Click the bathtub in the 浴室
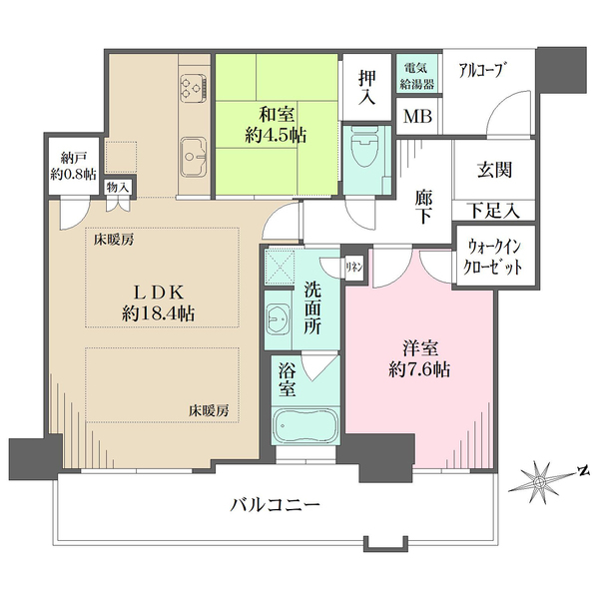tap(307, 426)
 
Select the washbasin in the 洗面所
tap(279, 321)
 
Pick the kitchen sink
tap(192, 156)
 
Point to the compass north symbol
tap(541, 484)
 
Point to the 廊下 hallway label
tap(423, 208)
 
